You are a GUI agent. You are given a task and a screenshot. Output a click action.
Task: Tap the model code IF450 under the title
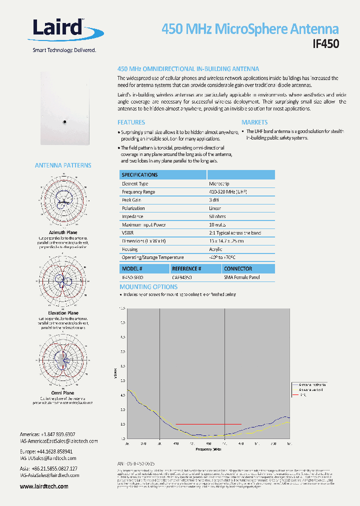325,44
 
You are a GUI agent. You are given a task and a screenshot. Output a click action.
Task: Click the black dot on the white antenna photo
64,121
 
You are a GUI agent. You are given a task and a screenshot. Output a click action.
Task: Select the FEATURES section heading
131,122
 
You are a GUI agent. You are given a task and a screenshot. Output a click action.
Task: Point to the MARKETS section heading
254,122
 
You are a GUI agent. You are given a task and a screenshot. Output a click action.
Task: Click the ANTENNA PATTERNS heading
63,165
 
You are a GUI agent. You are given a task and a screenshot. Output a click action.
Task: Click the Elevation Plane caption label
63,313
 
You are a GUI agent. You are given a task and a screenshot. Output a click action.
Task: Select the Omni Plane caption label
63,393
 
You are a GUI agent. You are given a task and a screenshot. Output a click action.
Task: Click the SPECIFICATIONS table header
140,175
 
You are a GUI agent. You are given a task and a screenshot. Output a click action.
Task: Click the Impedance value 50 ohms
217,216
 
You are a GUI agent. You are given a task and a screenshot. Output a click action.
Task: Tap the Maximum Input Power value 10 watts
217,224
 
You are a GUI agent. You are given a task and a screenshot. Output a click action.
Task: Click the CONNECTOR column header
238,268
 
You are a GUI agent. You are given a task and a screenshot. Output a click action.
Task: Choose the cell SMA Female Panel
242,277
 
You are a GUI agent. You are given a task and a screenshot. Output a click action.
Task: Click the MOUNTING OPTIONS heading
148,287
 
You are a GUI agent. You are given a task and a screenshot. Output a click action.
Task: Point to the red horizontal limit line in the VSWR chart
208,424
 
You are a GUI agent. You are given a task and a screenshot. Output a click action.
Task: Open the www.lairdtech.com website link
44,486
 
